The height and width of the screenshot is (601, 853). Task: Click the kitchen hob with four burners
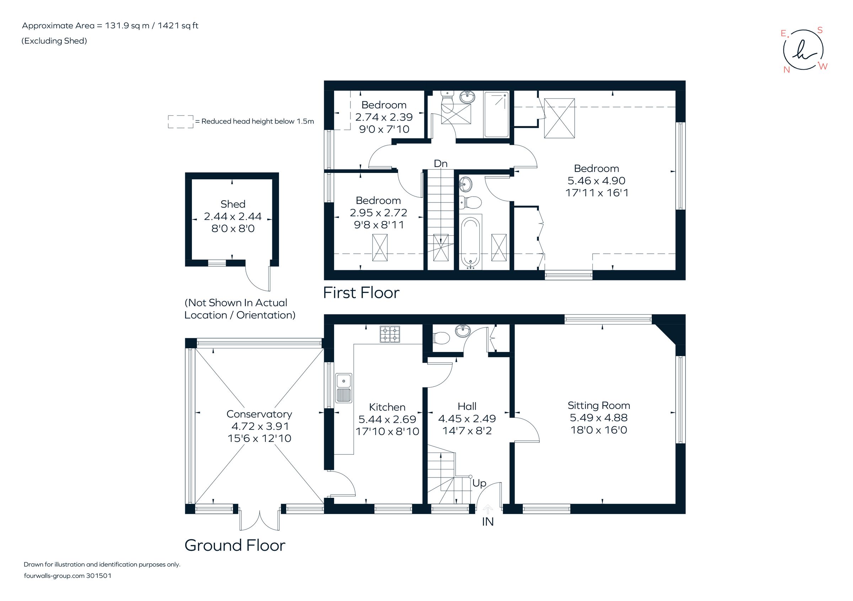tap(390, 334)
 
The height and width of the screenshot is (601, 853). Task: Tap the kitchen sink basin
tap(344, 380)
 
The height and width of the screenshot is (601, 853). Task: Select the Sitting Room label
tap(599, 405)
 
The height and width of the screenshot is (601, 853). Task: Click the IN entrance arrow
tap(487, 509)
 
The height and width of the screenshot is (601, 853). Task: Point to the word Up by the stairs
tap(479, 483)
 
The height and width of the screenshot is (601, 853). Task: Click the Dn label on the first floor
tap(440, 164)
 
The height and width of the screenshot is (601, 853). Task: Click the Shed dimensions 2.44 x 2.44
tap(232, 216)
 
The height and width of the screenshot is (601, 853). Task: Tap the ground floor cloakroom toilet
tap(441, 338)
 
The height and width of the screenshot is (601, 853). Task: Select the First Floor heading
tap(361, 293)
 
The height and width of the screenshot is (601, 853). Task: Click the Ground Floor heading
tap(235, 545)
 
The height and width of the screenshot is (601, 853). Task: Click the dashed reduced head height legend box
tap(181, 122)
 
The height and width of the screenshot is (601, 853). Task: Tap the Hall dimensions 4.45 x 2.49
tap(467, 419)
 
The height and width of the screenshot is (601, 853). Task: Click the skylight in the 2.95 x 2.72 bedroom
tap(380, 248)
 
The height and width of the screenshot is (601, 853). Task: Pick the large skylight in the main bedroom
tap(559, 118)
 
